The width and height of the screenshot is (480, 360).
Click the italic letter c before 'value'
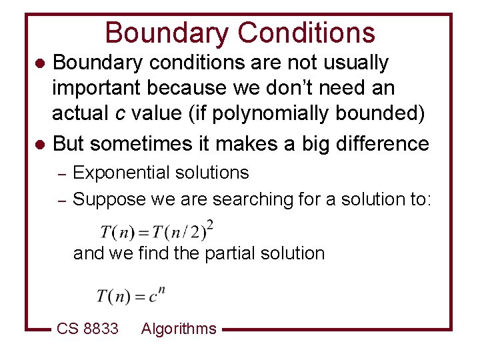pyautogui.click(x=119, y=114)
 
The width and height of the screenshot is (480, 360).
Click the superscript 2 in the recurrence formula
pyautogui.click(x=210, y=223)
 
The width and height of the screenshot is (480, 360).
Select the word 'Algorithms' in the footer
pyautogui.click(x=179, y=329)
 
